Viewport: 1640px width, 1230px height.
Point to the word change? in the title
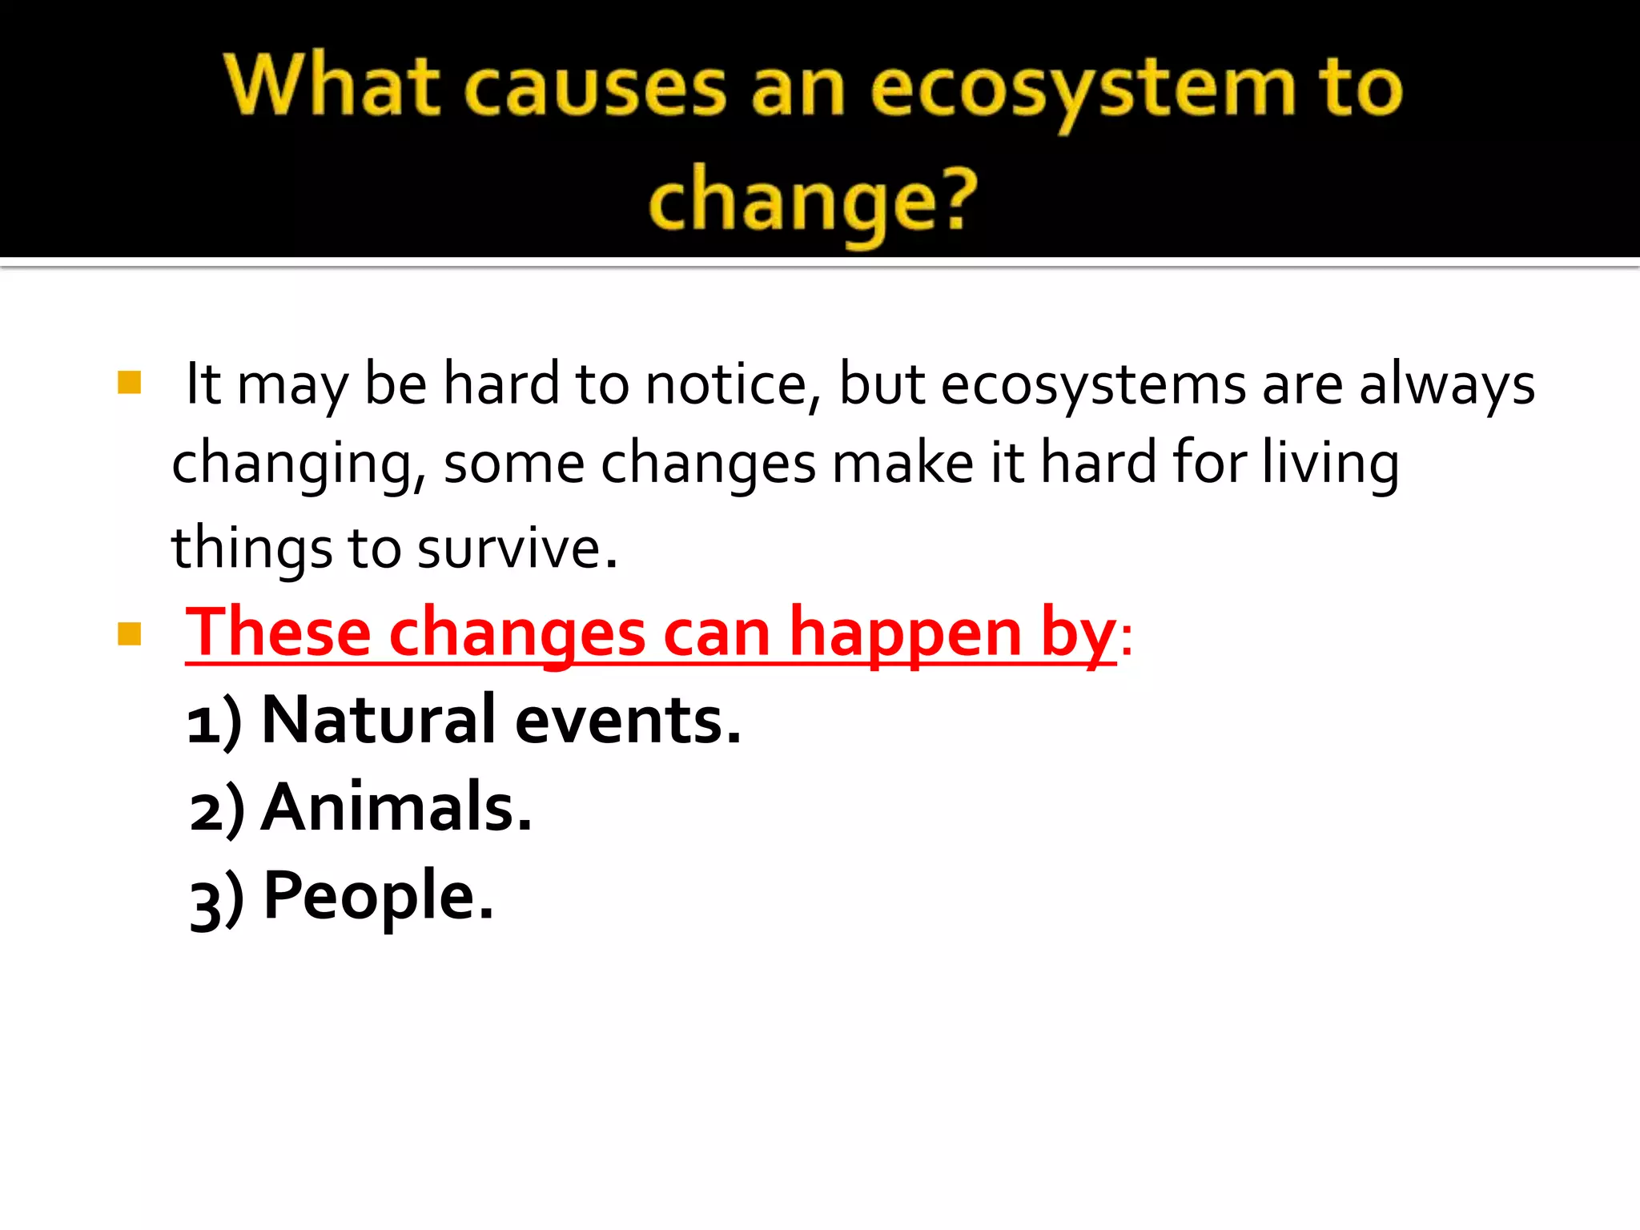814,200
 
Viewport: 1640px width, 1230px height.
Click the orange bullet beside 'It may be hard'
129,383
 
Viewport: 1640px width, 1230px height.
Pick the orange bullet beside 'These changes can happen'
129,634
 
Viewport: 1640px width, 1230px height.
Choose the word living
1330,464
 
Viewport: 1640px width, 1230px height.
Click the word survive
517,549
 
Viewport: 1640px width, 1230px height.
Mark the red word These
278,633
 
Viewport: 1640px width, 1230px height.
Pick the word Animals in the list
396,807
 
